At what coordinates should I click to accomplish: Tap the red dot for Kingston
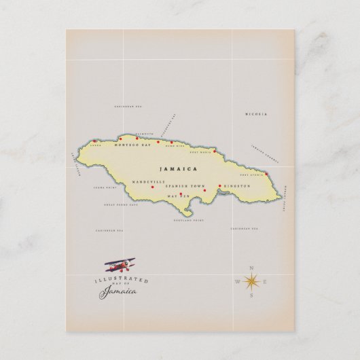coord(220,185)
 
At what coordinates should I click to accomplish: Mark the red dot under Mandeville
coord(153,187)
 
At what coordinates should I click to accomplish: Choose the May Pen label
coord(178,197)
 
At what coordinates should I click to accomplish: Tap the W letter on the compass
coord(238,281)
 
